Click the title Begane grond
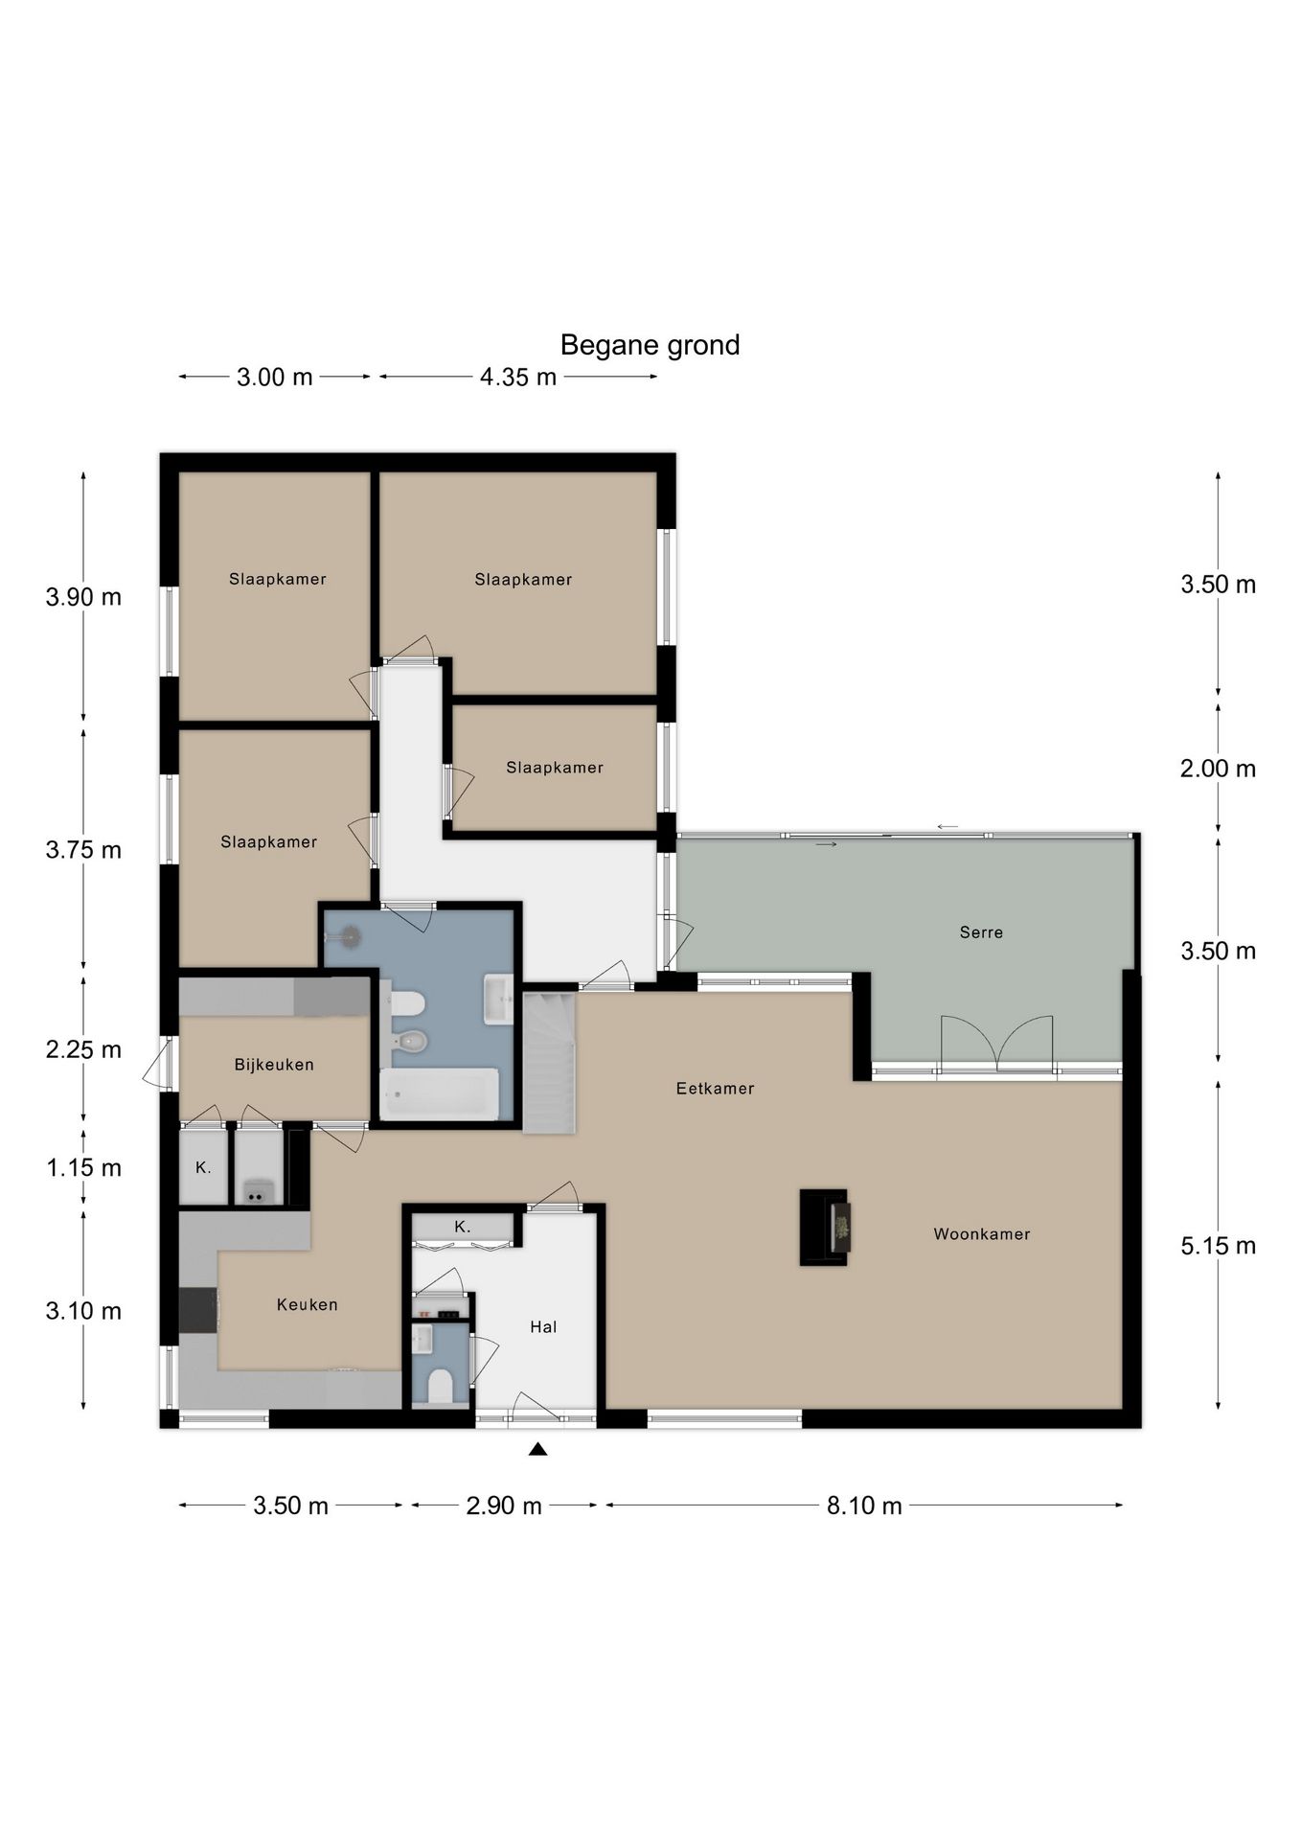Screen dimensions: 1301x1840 (650, 345)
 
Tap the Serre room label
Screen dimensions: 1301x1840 (981, 932)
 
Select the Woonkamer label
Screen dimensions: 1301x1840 (982, 1234)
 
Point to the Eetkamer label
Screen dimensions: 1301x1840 (715, 1089)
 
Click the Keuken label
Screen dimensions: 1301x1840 (307, 1304)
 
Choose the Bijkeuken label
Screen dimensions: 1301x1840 (274, 1065)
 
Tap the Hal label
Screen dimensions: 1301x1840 (543, 1327)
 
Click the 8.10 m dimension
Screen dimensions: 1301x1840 (864, 1506)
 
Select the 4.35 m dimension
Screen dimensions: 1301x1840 (518, 378)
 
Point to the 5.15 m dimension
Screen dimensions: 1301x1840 (1218, 1246)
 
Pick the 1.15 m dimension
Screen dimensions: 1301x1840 (84, 1167)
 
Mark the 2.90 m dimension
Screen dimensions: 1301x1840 (504, 1506)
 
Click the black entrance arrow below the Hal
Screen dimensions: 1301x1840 (537, 1449)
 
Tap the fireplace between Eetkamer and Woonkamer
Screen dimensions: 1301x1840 (824, 1228)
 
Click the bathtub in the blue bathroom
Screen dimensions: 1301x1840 (440, 1093)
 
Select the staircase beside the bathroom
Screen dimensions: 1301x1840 (548, 1063)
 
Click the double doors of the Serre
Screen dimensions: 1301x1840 (996, 1044)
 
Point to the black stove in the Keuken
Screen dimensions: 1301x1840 (199, 1310)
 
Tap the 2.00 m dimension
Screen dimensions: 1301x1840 (1218, 769)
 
